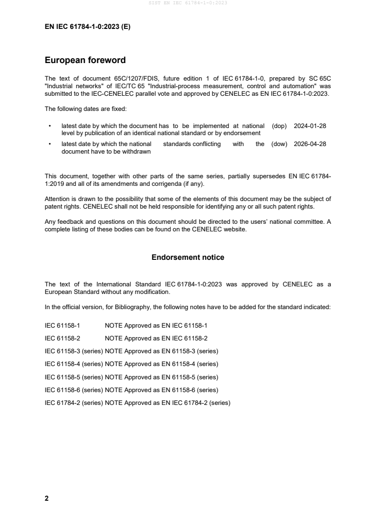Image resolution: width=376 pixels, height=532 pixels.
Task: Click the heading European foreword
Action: point(85,60)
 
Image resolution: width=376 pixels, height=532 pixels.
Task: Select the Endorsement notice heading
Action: point(188,257)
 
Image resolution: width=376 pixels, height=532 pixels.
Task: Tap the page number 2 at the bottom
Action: point(46,498)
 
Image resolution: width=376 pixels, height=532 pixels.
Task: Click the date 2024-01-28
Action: point(310,126)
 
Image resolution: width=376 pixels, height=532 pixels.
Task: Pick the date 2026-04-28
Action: point(310,144)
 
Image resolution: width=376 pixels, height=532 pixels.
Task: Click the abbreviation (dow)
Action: point(280,144)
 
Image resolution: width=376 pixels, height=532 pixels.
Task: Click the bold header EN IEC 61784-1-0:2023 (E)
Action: point(87,27)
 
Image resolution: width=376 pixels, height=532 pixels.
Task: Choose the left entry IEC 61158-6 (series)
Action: point(73,390)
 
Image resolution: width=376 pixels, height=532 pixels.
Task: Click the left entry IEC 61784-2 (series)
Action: point(73,403)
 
